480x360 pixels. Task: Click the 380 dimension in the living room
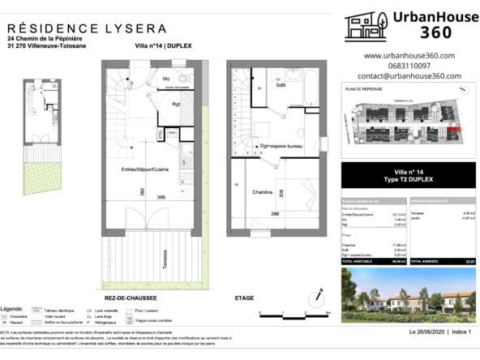[x=141, y=193]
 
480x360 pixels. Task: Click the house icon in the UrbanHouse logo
[x=364, y=25]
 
